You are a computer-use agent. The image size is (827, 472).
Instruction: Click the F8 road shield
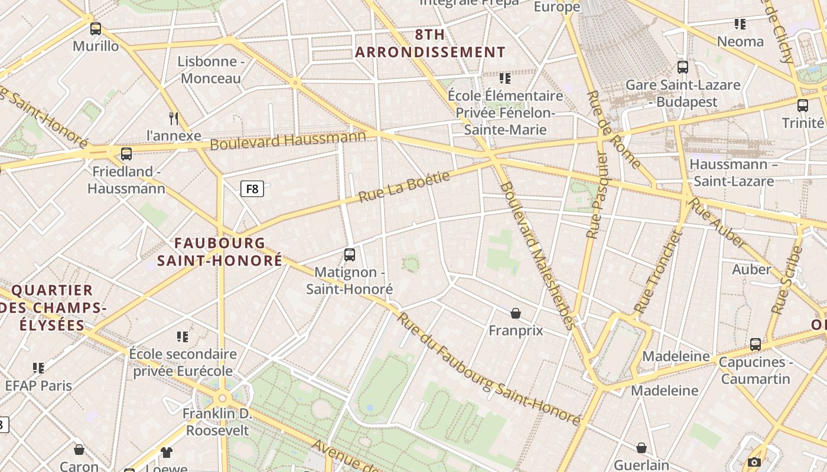tap(252, 189)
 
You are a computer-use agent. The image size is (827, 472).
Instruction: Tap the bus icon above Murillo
tap(96, 28)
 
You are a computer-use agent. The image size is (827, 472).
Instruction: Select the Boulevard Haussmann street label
tap(288, 140)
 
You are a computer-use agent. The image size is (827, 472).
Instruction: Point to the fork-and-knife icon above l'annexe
tap(174, 118)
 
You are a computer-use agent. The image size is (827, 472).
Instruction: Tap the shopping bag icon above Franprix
tap(516, 313)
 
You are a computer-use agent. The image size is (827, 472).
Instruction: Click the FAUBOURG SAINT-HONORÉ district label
tap(220, 252)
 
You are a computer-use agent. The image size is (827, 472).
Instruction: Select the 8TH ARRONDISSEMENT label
tap(430, 43)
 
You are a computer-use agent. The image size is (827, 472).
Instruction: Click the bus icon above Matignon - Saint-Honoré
tap(350, 255)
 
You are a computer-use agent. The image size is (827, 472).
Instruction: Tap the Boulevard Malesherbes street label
tap(537, 255)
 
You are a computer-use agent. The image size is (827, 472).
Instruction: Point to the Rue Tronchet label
tap(657, 272)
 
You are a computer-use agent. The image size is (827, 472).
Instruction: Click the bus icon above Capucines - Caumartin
tap(756, 345)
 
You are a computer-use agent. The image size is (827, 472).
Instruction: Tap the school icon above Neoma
tap(740, 24)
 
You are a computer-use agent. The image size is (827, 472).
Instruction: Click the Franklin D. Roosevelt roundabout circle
tap(222, 398)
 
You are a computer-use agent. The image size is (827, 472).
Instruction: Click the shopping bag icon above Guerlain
tap(642, 448)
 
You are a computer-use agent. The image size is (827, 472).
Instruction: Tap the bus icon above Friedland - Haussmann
tap(126, 154)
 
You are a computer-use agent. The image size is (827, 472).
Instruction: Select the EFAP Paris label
tap(38, 386)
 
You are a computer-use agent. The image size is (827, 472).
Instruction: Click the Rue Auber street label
tap(717, 224)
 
